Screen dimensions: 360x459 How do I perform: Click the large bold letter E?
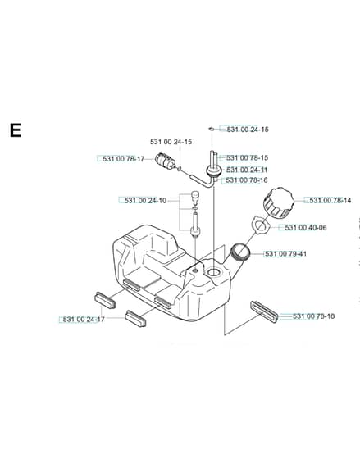coord(16,130)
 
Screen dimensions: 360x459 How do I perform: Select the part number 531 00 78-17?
coord(123,159)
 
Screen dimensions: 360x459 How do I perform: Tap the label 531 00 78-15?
coord(247,157)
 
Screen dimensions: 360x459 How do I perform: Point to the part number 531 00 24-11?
coord(247,170)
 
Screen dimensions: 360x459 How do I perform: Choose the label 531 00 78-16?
coord(247,180)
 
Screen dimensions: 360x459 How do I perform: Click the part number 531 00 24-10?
coord(145,201)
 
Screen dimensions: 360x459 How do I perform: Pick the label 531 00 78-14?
coord(330,200)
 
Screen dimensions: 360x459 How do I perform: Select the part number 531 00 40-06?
coord(306,228)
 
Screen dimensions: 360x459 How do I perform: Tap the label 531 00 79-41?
coord(285,254)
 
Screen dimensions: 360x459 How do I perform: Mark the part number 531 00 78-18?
coord(314,316)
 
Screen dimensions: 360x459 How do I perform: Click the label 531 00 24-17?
coord(84,320)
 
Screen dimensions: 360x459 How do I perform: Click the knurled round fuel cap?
coord(279,203)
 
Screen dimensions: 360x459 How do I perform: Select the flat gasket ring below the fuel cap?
coord(260,225)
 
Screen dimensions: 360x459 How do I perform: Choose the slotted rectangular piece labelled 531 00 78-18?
coord(264,312)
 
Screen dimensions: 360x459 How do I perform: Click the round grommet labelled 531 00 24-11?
coord(212,170)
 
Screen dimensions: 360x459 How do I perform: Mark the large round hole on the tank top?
coord(213,272)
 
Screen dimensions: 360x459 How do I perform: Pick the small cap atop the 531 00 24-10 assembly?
coord(194,196)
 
